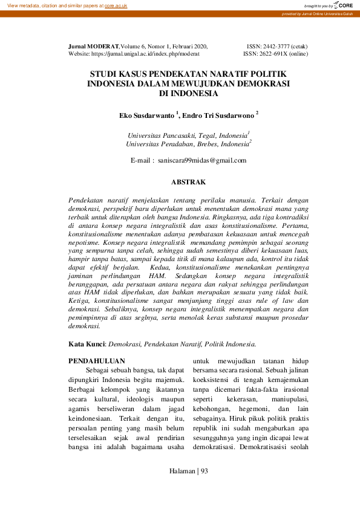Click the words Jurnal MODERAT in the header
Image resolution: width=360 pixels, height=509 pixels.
click(94, 46)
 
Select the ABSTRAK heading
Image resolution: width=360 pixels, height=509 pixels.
click(189, 181)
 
